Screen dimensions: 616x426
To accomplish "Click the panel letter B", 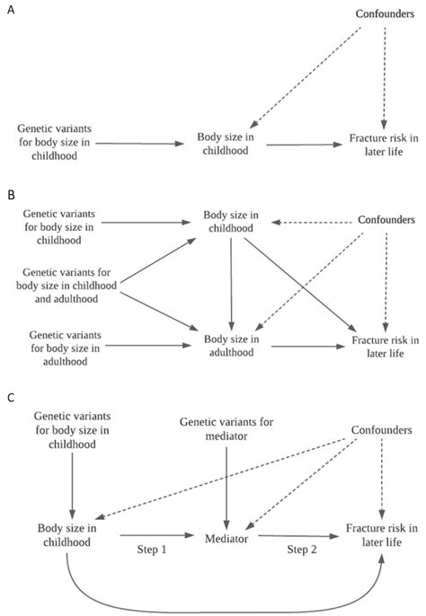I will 9,193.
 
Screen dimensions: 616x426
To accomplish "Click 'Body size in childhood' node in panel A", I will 225,144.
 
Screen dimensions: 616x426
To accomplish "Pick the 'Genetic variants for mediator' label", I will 225,428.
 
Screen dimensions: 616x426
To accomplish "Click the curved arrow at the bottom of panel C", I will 225,607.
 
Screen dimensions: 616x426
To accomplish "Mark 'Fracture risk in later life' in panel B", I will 385,346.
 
